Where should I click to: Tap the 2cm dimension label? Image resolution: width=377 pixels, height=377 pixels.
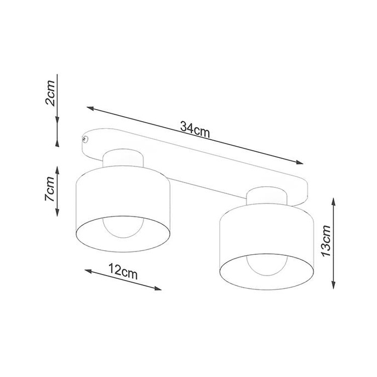pyautogui.click(x=50, y=93)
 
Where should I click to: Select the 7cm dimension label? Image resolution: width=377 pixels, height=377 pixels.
pyautogui.click(x=50, y=190)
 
